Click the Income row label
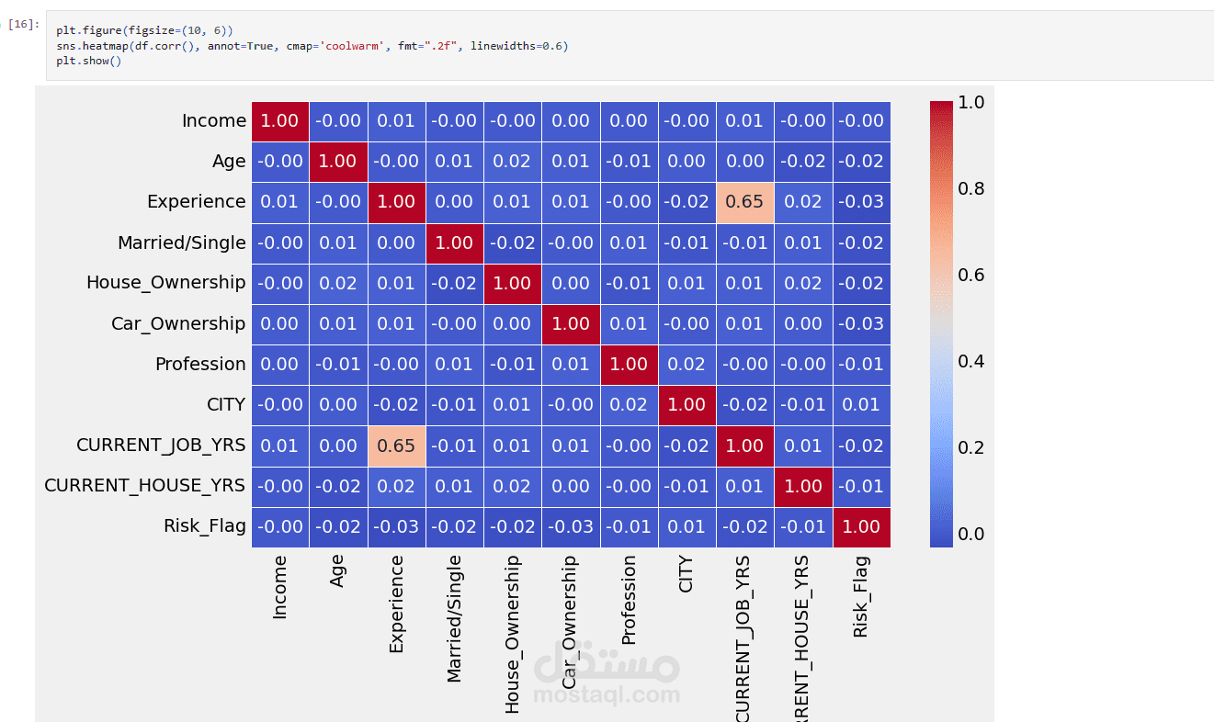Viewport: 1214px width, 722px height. click(x=214, y=121)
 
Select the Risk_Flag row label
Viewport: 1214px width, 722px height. click(x=205, y=526)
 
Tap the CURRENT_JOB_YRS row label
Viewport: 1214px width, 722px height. click(x=161, y=446)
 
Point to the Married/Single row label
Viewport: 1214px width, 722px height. click(x=182, y=243)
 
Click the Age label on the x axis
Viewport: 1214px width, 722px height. click(x=338, y=570)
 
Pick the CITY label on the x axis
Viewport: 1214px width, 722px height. click(x=686, y=573)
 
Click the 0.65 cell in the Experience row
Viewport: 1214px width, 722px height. click(x=744, y=202)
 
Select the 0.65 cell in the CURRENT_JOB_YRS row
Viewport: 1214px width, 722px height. click(x=396, y=446)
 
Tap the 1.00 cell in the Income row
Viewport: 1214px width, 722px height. click(x=279, y=121)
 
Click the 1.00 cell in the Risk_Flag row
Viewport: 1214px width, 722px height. click(x=861, y=526)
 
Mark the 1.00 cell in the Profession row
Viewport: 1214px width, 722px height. click(x=629, y=365)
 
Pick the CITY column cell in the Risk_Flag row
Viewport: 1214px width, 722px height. click(x=686, y=526)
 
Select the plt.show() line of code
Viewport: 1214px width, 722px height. click(x=88, y=62)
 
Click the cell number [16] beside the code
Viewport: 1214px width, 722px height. click(x=24, y=24)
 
